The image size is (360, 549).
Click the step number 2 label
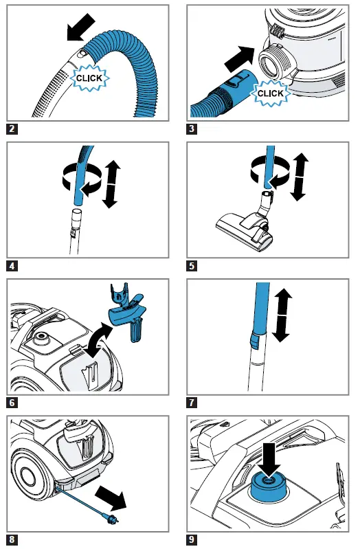pyautogui.click(x=12, y=128)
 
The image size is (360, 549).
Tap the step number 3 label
pyautogui.click(x=192, y=128)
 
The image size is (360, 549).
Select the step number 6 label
pyautogui.click(x=12, y=403)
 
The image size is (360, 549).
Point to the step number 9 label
pyautogui.click(x=192, y=539)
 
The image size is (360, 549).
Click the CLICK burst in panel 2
pyautogui.click(x=89, y=78)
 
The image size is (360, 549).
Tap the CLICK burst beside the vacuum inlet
pyautogui.click(x=270, y=93)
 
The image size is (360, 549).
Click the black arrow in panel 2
pyautogui.click(x=80, y=27)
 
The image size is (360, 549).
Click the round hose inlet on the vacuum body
pyautogui.click(x=273, y=64)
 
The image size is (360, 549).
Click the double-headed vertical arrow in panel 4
pyautogui.click(x=111, y=184)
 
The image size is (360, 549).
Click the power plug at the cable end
pyautogui.click(x=111, y=517)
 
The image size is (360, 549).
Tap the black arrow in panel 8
pyautogui.click(x=111, y=497)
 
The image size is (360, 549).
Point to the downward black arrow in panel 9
pyautogui.click(x=269, y=460)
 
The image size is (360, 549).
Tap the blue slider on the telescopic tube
pyautogui.click(x=254, y=339)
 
